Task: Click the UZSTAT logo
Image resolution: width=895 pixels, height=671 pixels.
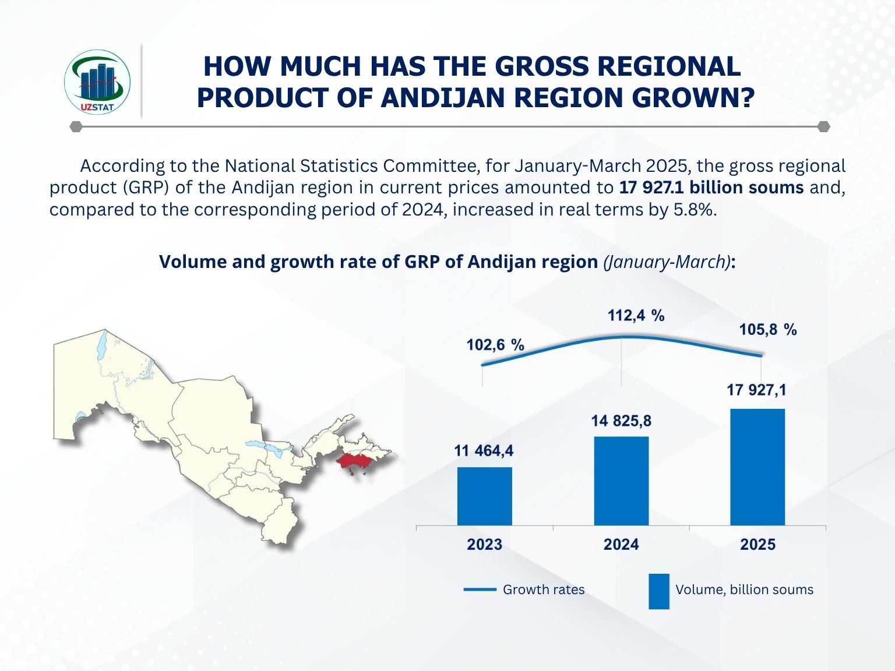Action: [x=97, y=82]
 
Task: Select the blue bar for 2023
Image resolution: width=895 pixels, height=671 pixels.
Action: [x=484, y=496]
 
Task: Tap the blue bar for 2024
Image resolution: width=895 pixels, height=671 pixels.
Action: [x=621, y=481]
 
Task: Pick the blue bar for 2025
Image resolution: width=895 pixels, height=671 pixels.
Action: [x=757, y=467]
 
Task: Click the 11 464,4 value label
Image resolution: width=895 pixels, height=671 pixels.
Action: [x=484, y=451]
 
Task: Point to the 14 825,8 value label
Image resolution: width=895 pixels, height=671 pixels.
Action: [x=621, y=421]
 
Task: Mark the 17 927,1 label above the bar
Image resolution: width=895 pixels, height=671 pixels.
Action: [x=756, y=390]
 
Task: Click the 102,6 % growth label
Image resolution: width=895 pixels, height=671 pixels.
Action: [x=495, y=345]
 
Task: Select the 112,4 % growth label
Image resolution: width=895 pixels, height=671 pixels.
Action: [x=636, y=316]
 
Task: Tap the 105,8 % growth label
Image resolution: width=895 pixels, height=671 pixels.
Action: [x=767, y=330]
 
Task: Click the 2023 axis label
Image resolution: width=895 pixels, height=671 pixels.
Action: [x=484, y=545]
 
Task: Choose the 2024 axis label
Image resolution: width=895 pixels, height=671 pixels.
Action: [x=621, y=545]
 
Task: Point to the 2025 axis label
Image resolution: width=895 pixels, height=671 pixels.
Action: [x=757, y=545]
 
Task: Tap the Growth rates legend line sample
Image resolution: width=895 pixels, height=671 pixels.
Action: [x=480, y=589]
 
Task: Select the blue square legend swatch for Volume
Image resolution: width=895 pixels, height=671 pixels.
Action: [x=659, y=591]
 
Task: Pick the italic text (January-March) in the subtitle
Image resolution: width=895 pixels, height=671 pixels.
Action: [x=667, y=262]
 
